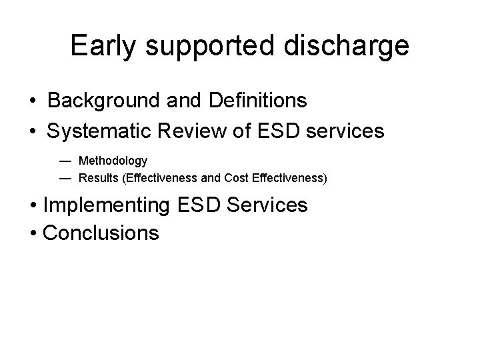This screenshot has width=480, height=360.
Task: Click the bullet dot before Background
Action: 32,102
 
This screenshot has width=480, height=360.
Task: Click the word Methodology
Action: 113,161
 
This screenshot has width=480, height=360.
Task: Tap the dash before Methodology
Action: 63,161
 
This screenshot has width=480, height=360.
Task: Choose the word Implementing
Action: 106,205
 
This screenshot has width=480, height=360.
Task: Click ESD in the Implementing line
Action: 199,205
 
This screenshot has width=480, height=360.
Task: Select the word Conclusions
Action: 101,233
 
